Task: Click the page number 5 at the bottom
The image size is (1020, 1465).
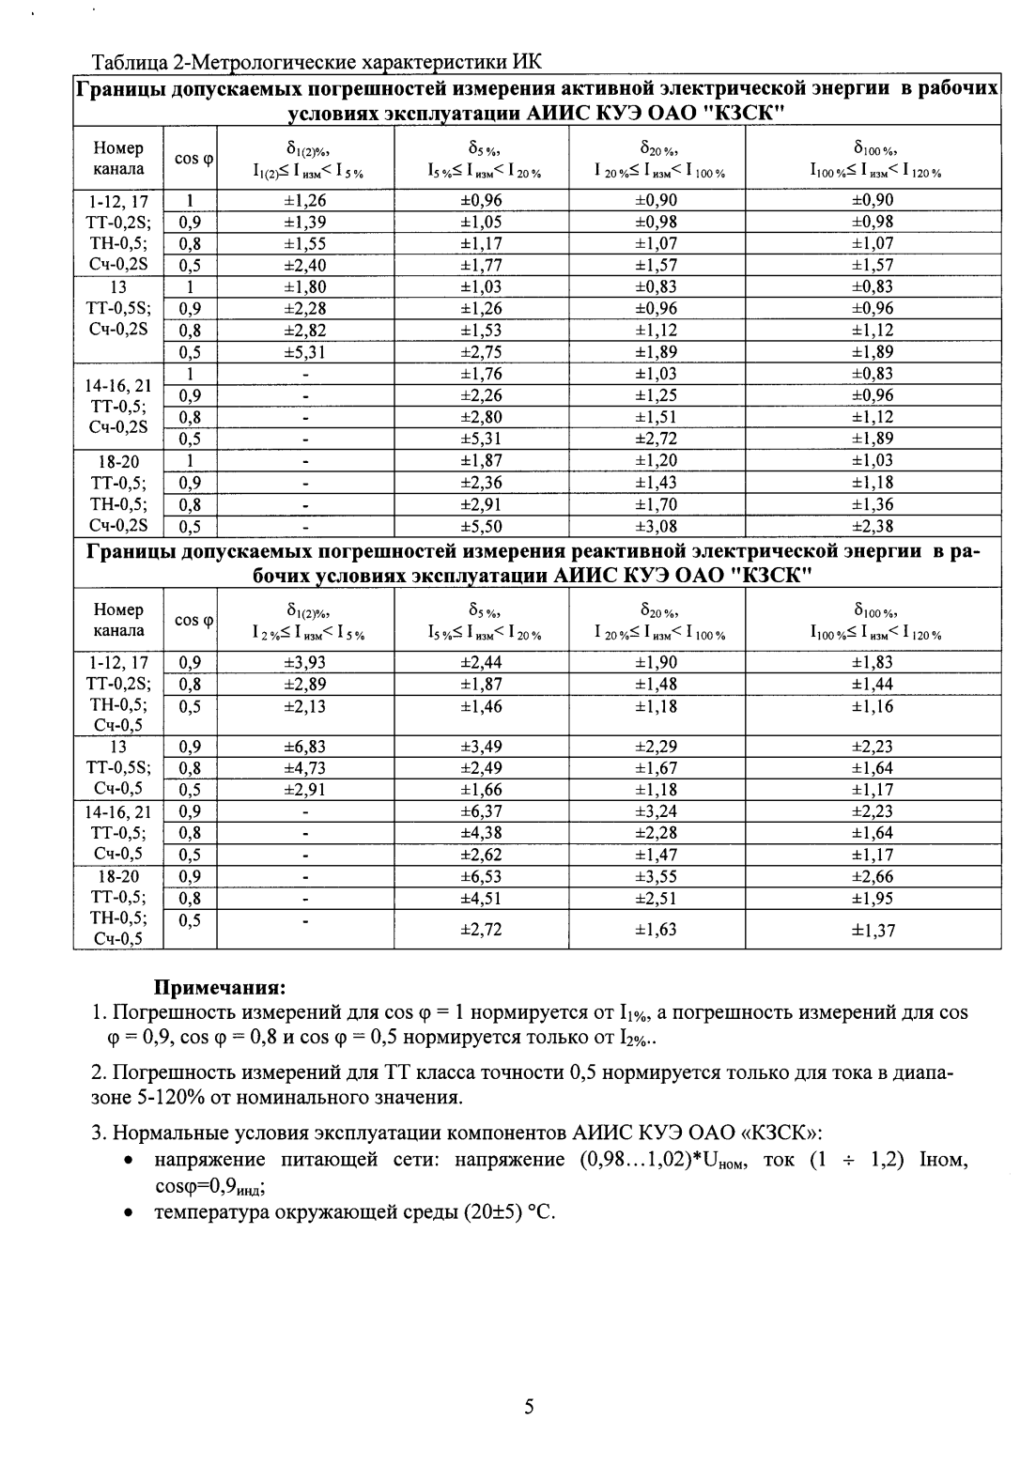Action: click(529, 1406)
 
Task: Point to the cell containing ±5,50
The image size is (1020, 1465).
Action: click(481, 527)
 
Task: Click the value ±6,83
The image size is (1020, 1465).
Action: click(305, 747)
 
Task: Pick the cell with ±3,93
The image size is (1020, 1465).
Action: click(305, 663)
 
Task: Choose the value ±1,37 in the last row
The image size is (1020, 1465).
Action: click(873, 930)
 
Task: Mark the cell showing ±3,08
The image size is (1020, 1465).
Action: click(656, 527)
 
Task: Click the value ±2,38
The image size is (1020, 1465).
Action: click(873, 527)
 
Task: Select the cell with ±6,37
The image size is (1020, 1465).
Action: click(481, 811)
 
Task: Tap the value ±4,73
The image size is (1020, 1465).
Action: click(305, 768)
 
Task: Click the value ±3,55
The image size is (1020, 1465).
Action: click(656, 876)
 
